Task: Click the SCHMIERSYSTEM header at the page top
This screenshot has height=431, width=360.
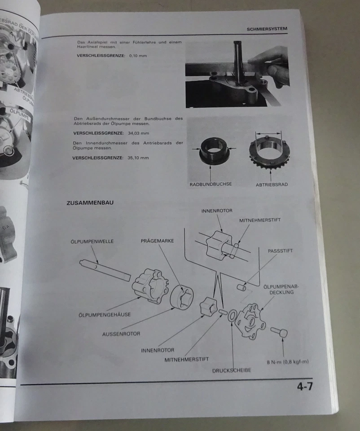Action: coord(267,29)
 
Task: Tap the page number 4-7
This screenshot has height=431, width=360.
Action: coord(304,386)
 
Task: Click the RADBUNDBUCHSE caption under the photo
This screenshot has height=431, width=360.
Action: coord(211,184)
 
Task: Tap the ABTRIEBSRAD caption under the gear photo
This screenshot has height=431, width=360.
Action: coord(272,184)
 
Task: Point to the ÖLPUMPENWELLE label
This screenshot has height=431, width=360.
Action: coord(92,241)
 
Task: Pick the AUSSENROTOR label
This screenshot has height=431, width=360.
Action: coord(121,334)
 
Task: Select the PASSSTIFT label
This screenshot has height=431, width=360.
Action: coord(280,251)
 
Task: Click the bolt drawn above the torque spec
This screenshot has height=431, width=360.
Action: coord(279,332)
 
